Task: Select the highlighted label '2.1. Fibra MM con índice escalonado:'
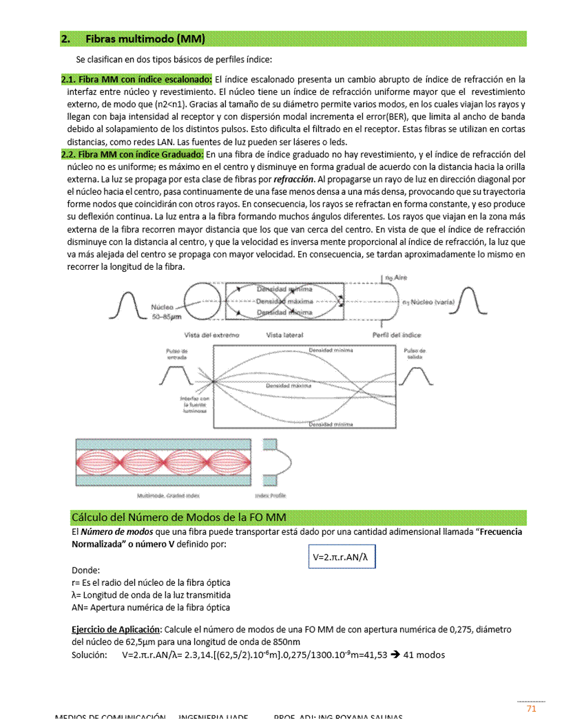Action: pos(137,79)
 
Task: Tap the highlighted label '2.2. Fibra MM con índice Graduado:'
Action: pos(133,154)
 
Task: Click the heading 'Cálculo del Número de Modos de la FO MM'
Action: pos(179,517)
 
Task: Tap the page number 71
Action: pos(531,709)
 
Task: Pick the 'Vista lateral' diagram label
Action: pos(284,335)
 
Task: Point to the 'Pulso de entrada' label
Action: pos(177,354)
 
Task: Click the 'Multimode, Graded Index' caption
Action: pos(169,495)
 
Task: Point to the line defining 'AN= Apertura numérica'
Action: pos(151,607)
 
